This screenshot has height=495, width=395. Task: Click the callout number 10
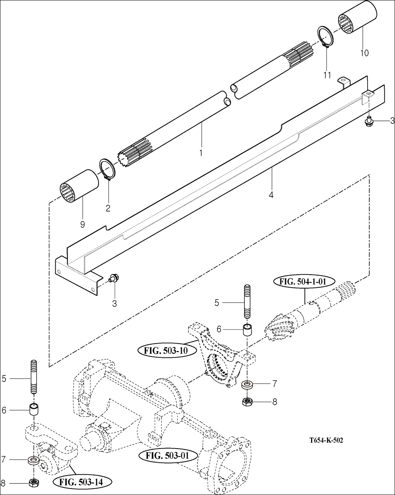364,52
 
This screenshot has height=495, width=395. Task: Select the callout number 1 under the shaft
201,152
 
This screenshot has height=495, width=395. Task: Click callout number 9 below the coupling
82,225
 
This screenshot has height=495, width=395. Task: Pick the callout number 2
108,207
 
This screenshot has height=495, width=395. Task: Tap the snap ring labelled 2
107,170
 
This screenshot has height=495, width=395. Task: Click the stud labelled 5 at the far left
33,377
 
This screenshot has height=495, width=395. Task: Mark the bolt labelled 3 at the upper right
369,121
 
